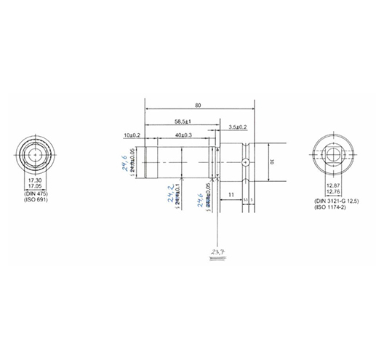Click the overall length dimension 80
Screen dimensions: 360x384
tap(198, 105)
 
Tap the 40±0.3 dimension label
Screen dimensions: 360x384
tap(183, 136)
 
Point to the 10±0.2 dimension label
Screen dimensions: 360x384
tap(132, 136)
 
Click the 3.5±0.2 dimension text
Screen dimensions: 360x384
tap(238, 127)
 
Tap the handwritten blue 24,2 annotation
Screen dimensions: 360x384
tap(169, 196)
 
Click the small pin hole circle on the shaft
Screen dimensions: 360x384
tap(247, 161)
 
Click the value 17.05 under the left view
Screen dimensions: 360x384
tap(34, 186)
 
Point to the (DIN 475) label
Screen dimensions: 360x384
tap(34, 193)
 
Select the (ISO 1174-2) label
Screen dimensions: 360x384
tap(331, 207)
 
